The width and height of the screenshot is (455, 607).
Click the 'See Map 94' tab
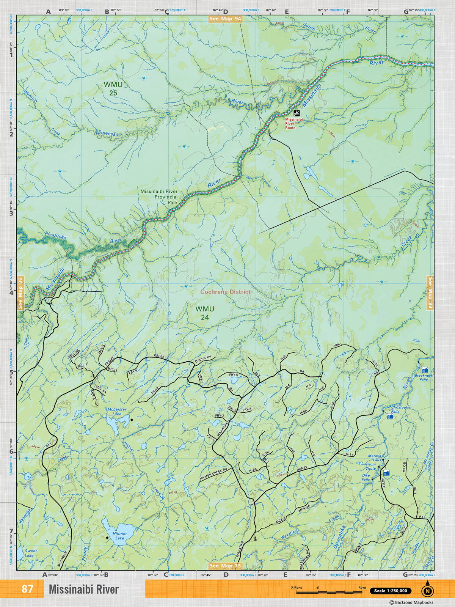tap(225, 19)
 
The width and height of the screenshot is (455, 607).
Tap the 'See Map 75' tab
tap(225, 566)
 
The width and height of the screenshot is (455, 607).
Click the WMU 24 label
tap(205, 313)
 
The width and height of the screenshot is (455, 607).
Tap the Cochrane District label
tap(225, 292)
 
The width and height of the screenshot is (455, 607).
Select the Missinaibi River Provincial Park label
tap(159, 197)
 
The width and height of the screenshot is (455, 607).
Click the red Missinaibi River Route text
tap(290, 123)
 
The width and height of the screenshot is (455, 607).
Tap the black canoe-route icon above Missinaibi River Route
tap(297, 113)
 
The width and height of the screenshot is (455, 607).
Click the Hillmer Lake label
tap(120, 536)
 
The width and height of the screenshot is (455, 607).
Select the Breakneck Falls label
tap(424, 377)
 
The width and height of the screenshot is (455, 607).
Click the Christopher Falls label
tap(401, 409)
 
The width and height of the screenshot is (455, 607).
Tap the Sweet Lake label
tap(30, 553)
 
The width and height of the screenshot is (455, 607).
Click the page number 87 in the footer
tap(27, 589)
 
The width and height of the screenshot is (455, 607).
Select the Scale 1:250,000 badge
tap(391, 591)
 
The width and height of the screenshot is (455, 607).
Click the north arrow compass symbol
tap(428, 590)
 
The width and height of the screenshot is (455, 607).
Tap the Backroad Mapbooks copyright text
tap(411, 602)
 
